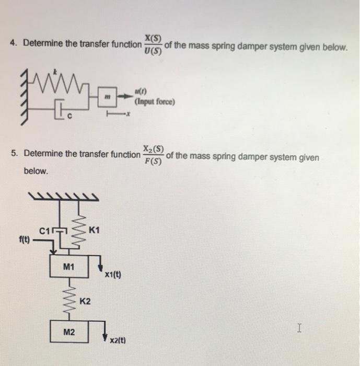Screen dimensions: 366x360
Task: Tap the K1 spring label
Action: click(95, 230)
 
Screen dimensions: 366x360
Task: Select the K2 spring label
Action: click(86, 302)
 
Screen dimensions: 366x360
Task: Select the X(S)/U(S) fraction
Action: click(153, 44)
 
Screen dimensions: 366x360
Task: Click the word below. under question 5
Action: click(36, 171)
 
